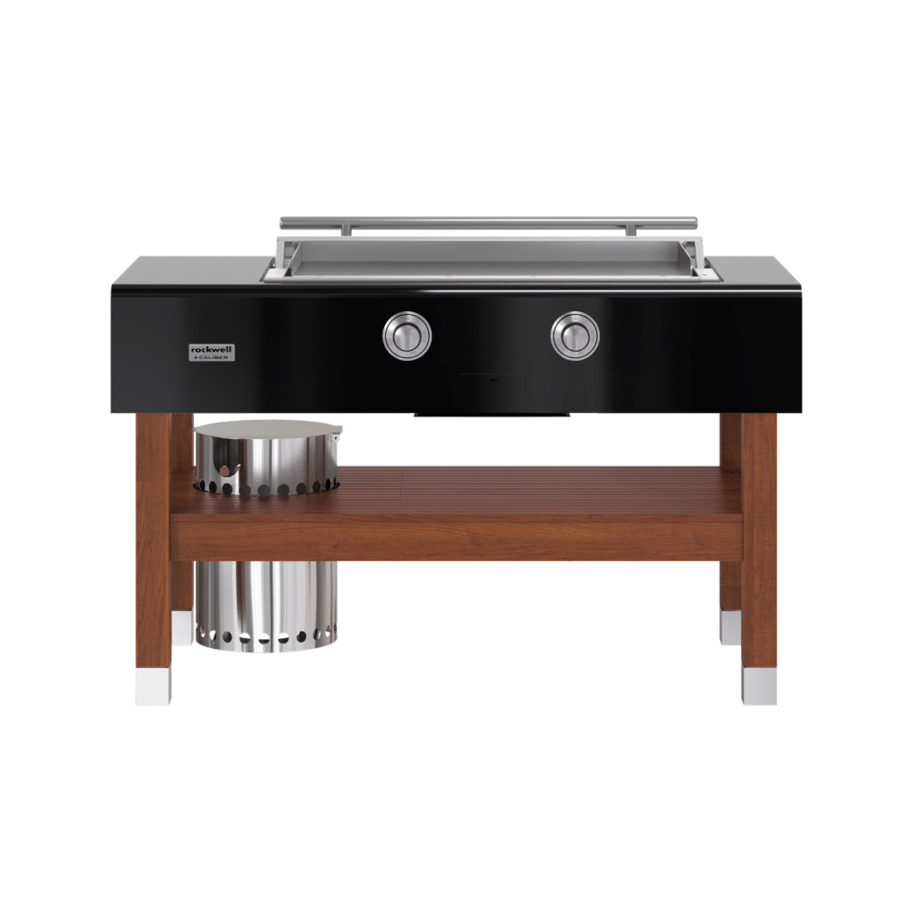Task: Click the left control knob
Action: pyautogui.click(x=407, y=336)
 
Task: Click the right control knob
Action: pyautogui.click(x=575, y=336)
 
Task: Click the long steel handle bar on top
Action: pyautogui.click(x=489, y=222)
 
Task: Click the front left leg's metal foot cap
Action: pyautogui.click(x=153, y=687)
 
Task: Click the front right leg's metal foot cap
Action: pyautogui.click(x=759, y=687)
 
